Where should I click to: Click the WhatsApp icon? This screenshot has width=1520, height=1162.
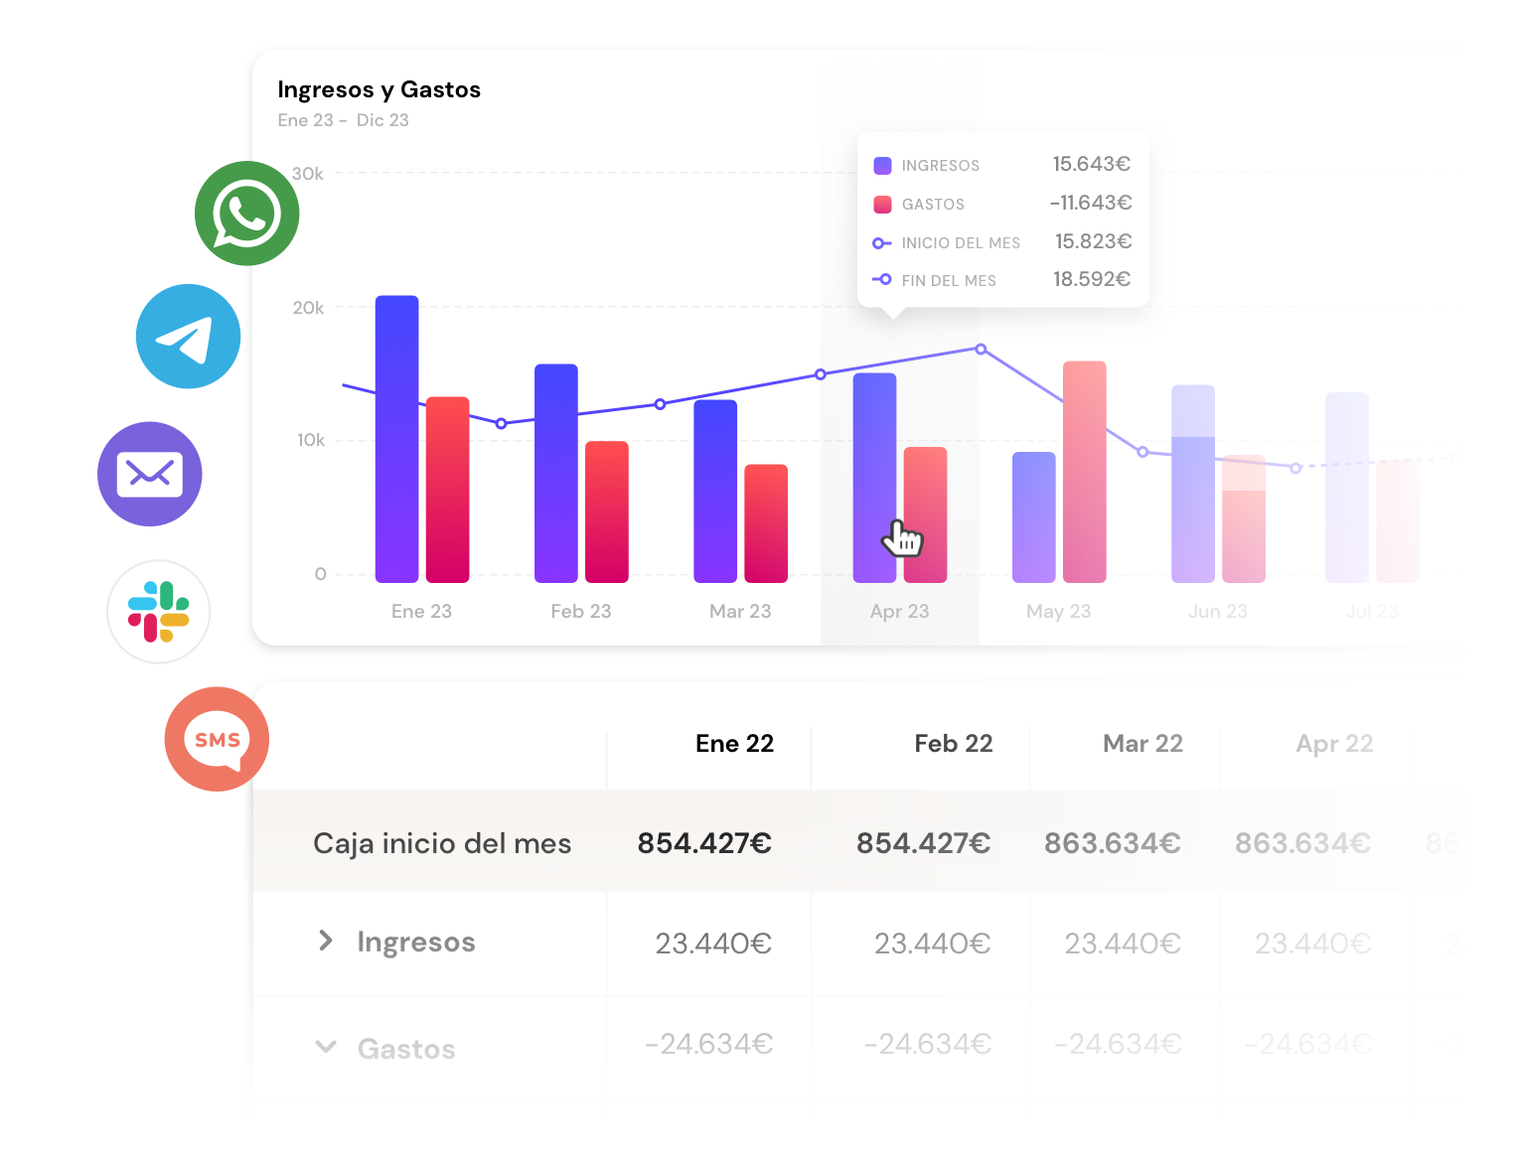coord(246,214)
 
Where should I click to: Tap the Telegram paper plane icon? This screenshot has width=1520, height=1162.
coord(188,337)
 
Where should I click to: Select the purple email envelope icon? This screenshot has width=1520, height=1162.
coord(150,474)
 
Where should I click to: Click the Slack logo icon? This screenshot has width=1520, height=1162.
coord(159,612)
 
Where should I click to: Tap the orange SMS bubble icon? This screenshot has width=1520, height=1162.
coord(217,739)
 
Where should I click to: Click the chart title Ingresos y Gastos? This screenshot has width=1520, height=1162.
coord(379,89)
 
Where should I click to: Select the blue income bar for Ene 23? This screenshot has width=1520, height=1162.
coord(396,438)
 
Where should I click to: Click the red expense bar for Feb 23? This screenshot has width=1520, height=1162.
coord(606,511)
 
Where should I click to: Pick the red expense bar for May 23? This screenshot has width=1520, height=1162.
coord(1084,472)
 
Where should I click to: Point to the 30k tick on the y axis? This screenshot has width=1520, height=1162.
coord(308,174)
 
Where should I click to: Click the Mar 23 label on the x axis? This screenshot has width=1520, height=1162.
coord(740,611)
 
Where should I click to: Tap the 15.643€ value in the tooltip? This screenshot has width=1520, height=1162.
coord(1091,164)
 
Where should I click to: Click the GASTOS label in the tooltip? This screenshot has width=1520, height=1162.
coord(933,205)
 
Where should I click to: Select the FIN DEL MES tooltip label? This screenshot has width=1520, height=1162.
coord(948,281)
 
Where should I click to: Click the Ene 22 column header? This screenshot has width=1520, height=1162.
coord(734,744)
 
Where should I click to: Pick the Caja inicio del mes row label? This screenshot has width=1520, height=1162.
coord(442,843)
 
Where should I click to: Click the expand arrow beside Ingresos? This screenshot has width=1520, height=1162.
coord(325,941)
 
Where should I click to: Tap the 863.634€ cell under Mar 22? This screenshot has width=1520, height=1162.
coord(1112,843)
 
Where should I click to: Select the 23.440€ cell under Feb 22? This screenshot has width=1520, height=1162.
coord(932,943)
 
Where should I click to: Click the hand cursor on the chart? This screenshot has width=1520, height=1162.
coord(902,538)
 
